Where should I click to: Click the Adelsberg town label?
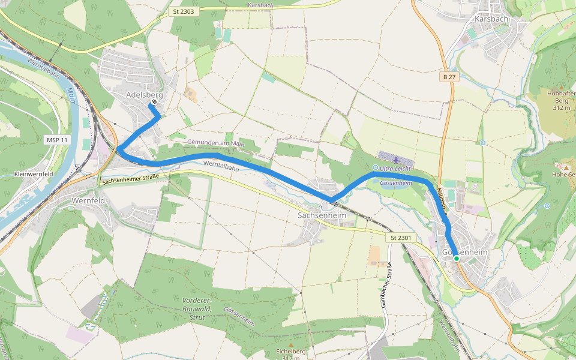point(144,95)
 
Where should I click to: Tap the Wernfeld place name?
point(88,200)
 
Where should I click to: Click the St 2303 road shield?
point(182,11)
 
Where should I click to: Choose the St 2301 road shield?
point(400,238)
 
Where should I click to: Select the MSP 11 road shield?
point(58,140)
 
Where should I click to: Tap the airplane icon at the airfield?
point(395,160)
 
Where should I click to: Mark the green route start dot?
point(456,259)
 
